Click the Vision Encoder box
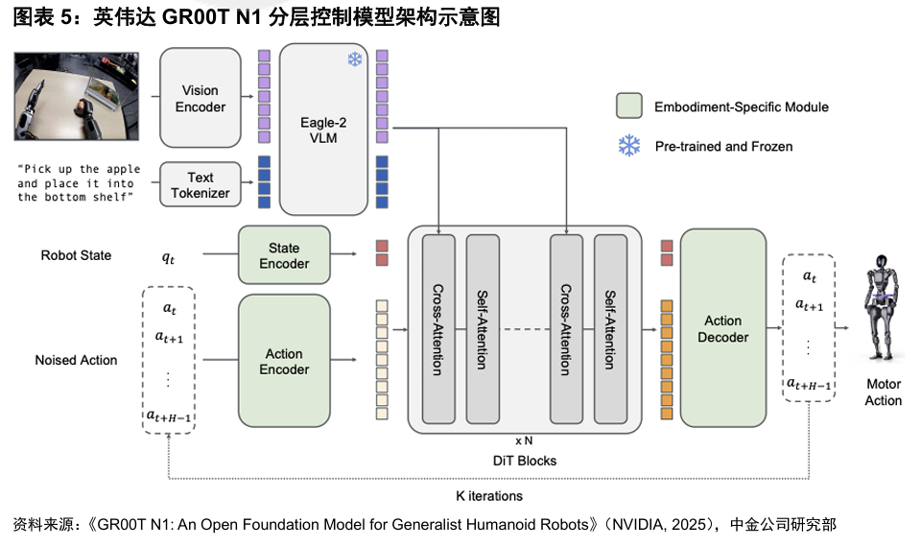(201, 99)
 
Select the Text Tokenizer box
(201, 185)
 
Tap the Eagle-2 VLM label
(324, 131)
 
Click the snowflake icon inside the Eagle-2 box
(355, 60)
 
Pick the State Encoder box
(283, 255)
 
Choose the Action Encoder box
(284, 361)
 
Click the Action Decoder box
(723, 328)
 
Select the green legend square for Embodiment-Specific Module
(628, 107)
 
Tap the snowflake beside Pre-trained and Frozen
(629, 146)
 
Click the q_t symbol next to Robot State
(169, 256)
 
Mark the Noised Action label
(76, 360)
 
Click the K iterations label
(489, 496)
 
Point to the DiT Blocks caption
(524, 461)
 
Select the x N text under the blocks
(524, 440)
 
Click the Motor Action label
(883, 392)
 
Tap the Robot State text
(76, 255)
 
